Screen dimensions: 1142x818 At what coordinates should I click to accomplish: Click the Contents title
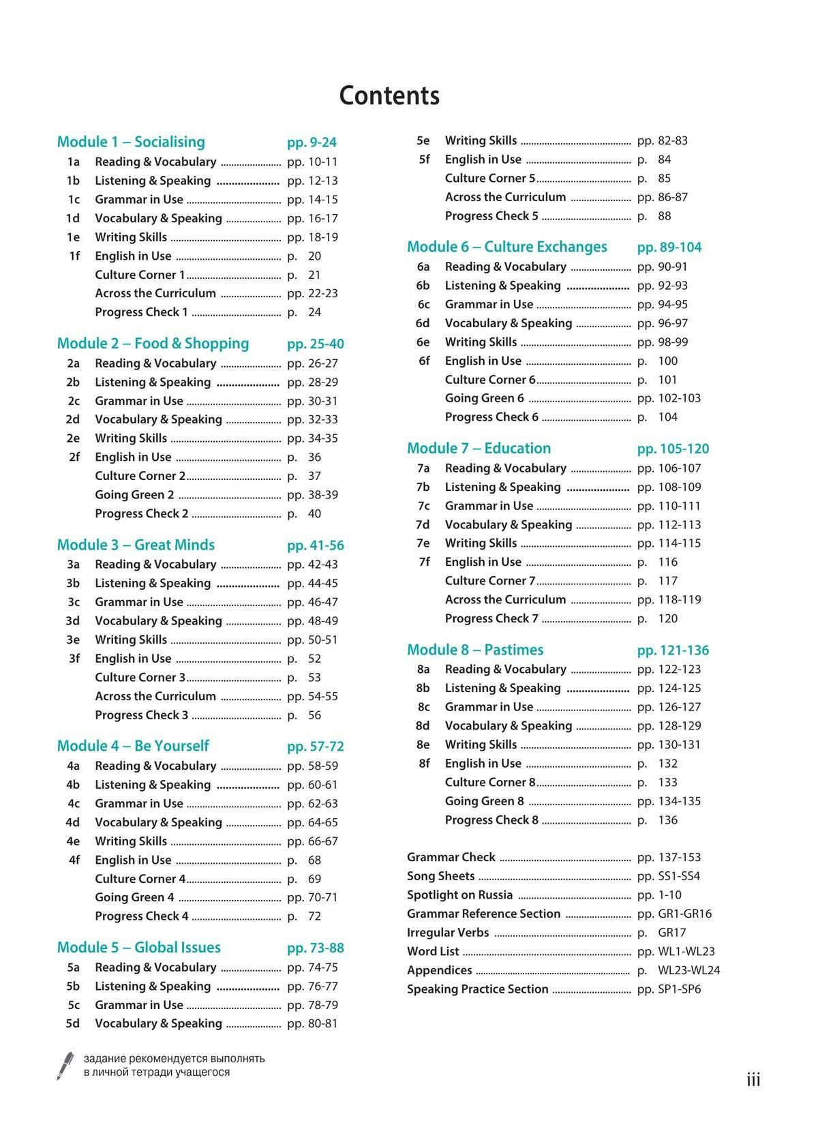(x=389, y=95)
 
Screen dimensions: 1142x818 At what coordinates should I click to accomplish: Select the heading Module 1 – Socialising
(x=131, y=142)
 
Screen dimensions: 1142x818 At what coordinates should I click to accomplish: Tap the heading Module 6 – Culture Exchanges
(x=506, y=247)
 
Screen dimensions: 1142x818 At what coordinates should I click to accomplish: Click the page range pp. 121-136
(x=673, y=650)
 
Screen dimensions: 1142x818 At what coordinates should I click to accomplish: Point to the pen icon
(x=65, y=1066)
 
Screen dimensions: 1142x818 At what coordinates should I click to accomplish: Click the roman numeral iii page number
(x=753, y=1080)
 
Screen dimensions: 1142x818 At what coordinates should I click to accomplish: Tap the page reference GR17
(x=671, y=933)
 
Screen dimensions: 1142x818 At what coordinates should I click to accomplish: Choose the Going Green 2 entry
(x=134, y=495)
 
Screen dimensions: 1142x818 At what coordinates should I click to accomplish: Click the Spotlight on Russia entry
(x=459, y=895)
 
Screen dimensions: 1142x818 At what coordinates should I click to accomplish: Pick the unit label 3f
(x=74, y=659)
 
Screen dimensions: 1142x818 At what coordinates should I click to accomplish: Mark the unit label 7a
(x=423, y=468)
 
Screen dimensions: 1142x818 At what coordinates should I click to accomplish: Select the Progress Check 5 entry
(x=491, y=216)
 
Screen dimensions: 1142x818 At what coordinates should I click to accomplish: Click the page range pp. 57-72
(x=316, y=747)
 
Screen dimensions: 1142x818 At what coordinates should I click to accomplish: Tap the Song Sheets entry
(x=440, y=876)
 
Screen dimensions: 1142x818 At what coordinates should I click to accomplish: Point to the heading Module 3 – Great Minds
(x=136, y=545)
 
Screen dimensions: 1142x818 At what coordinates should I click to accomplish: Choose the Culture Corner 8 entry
(x=490, y=783)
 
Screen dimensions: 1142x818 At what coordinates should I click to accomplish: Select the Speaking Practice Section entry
(x=477, y=989)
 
